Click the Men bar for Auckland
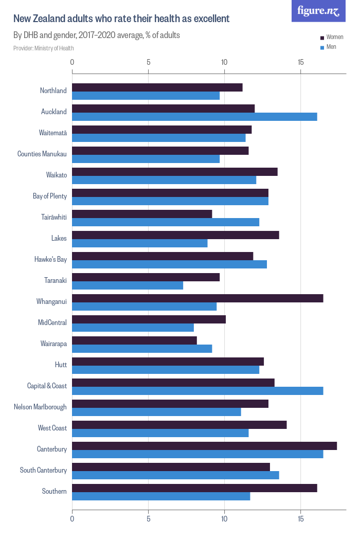coord(194,117)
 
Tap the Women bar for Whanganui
coord(197,298)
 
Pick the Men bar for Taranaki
coord(128,285)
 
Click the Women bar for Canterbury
coord(204,446)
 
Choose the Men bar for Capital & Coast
coord(197,391)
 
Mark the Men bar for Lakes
coord(139,243)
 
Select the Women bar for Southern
coord(194,488)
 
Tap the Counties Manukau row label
coord(42,154)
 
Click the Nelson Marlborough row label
coord(40,407)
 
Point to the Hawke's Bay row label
coord(50,259)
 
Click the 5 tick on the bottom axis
coord(148,519)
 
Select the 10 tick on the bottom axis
coord(224,519)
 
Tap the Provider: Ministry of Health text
coord(44,48)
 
